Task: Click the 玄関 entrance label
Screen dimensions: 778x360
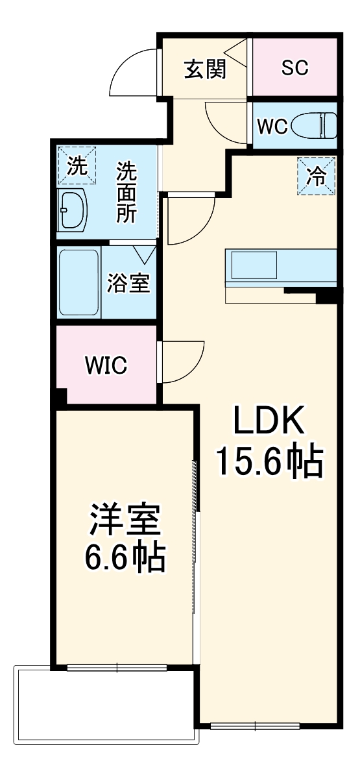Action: pyautogui.click(x=205, y=69)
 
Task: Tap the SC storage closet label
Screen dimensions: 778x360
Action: pyautogui.click(x=294, y=68)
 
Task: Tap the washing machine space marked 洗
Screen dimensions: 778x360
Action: pyautogui.click(x=77, y=165)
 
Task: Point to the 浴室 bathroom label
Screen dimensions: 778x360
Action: pyautogui.click(x=129, y=283)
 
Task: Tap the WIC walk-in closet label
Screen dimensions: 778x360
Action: pyautogui.click(x=106, y=365)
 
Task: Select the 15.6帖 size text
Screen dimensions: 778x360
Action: pyautogui.click(x=269, y=463)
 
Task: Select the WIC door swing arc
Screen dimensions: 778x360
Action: pyautogui.click(x=179, y=363)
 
